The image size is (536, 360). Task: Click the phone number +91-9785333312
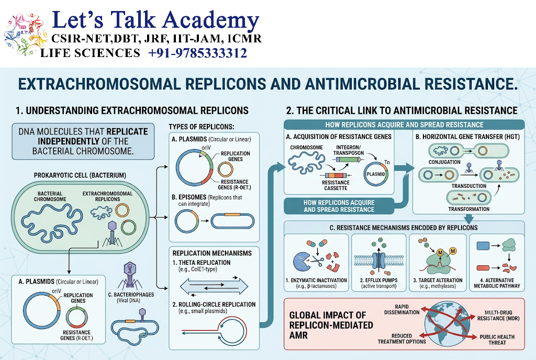click(197, 53)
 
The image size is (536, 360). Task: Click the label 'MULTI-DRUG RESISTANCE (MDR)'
click(498, 315)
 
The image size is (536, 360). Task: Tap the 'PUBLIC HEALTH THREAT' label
click(497, 340)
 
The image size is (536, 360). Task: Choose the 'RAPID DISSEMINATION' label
click(401, 309)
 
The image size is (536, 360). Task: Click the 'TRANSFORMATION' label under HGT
click(468, 209)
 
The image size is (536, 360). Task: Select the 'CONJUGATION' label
click(444, 162)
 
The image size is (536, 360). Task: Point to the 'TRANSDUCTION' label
click(468, 186)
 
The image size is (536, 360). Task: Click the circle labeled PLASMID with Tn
click(376, 174)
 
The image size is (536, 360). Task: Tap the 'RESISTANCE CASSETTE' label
click(336, 185)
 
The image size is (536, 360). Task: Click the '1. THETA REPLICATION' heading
click(202, 263)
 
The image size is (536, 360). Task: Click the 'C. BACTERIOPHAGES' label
click(131, 295)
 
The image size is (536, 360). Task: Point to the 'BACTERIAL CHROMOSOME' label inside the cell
click(50, 196)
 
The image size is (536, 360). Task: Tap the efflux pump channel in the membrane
click(378, 261)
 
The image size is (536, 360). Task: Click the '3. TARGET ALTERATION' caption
click(438, 280)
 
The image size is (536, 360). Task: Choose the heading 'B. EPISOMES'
click(188, 197)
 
